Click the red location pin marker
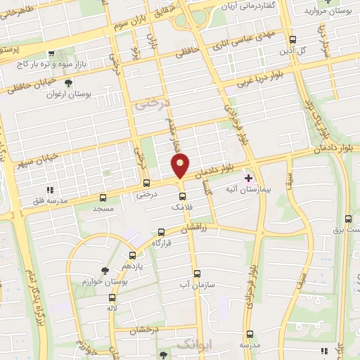click(181, 166)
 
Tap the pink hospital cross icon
click(248, 178)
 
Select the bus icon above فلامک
click(181, 195)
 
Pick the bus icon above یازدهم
click(132, 256)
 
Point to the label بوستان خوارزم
click(105, 281)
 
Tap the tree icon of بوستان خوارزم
click(105, 270)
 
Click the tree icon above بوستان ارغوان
click(67, 92)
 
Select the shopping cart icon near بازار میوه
click(51, 54)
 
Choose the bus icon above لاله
click(112, 296)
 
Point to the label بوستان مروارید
click(323, 10)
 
